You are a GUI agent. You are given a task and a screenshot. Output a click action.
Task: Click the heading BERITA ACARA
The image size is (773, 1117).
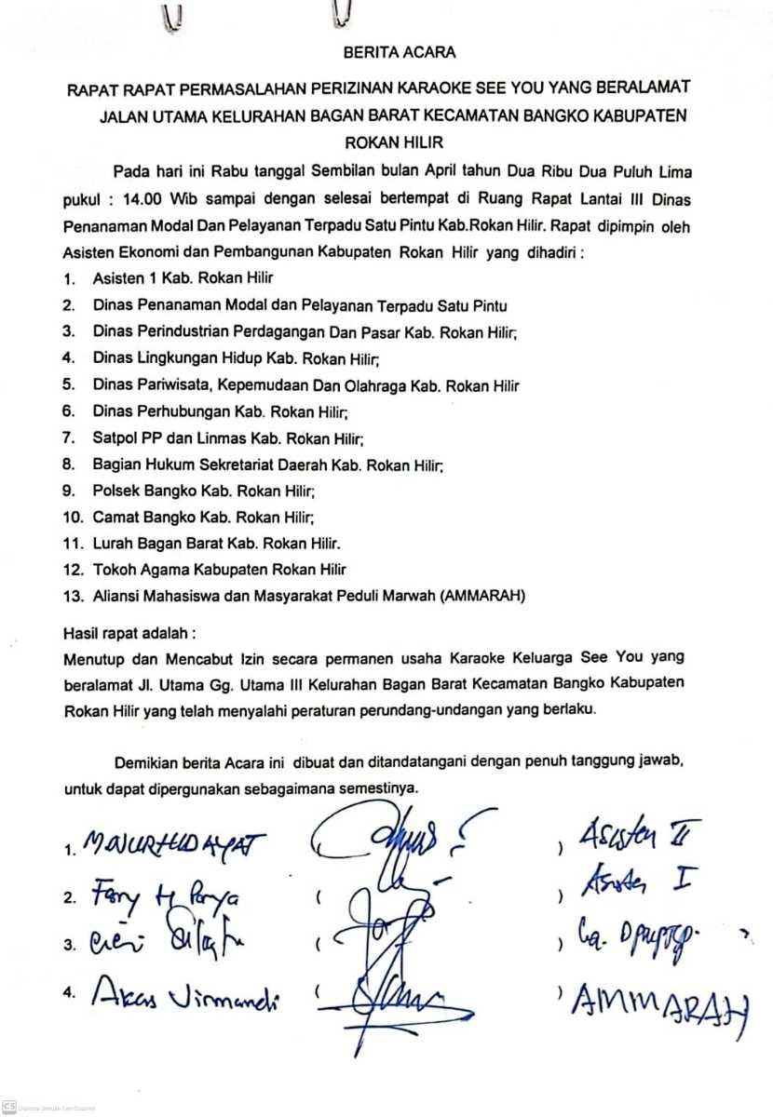386,54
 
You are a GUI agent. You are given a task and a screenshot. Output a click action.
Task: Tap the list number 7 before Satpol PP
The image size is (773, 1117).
68,437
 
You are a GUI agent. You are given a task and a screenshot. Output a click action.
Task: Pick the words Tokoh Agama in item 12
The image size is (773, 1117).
134,569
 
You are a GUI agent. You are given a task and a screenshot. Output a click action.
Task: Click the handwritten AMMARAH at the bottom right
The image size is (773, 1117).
659,1004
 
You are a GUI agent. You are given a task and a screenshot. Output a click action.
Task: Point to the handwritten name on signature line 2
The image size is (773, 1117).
165,896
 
